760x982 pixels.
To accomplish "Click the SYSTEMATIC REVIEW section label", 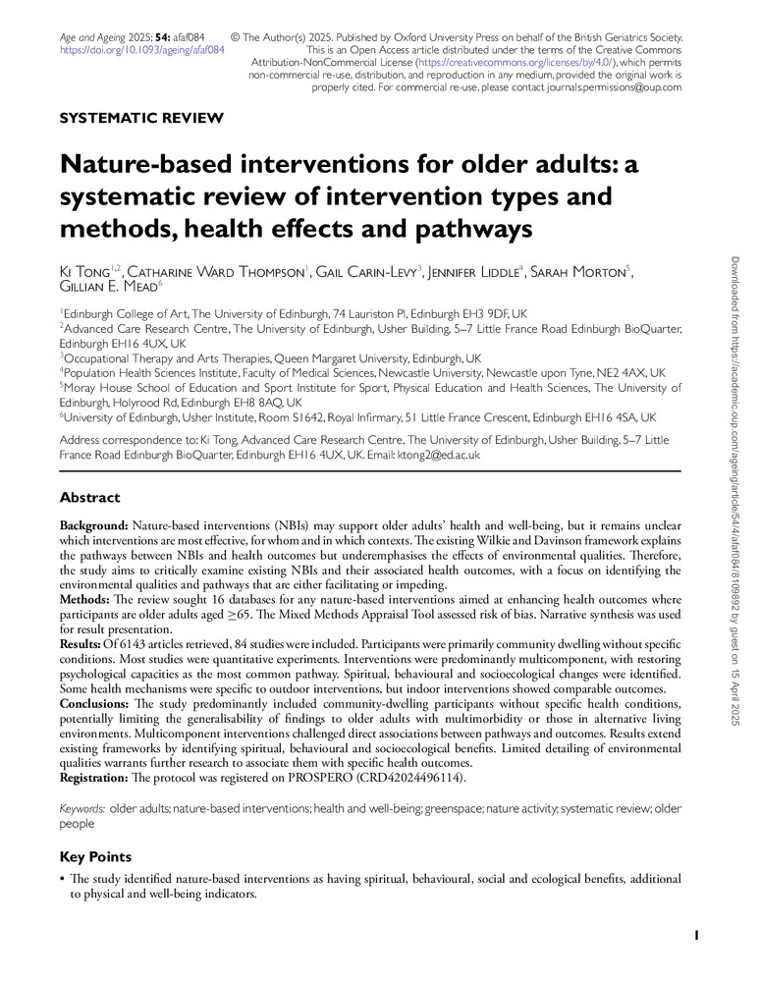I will [141, 119].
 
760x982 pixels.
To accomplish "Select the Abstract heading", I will [89, 498].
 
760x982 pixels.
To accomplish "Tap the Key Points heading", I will [94, 857].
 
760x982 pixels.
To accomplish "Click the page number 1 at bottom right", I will [696, 937].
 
